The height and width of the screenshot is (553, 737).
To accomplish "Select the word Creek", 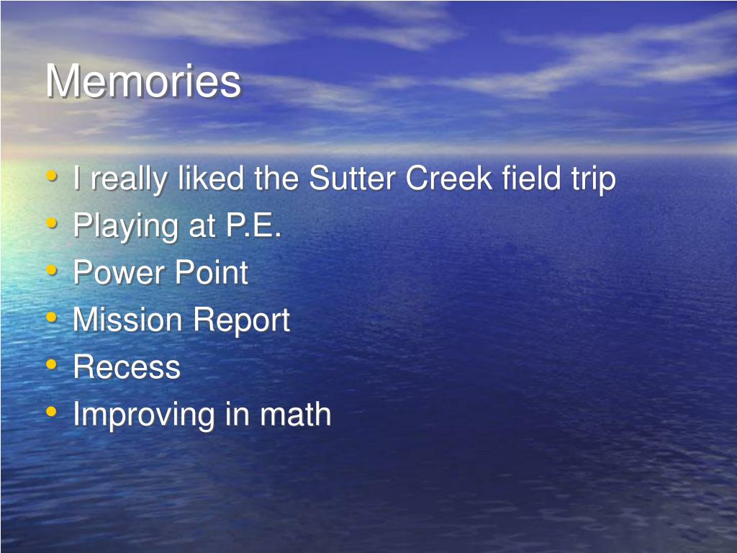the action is (x=449, y=179).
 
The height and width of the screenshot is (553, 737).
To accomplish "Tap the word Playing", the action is (x=126, y=228).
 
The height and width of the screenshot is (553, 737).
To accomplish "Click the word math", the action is (x=296, y=414).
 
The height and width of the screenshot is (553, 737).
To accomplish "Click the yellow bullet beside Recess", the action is (x=52, y=364).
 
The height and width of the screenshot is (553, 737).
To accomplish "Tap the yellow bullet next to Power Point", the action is (x=52, y=271).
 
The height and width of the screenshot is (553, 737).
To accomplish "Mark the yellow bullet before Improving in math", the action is (x=52, y=411).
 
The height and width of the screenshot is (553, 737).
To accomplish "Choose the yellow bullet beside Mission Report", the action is (x=52, y=318).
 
